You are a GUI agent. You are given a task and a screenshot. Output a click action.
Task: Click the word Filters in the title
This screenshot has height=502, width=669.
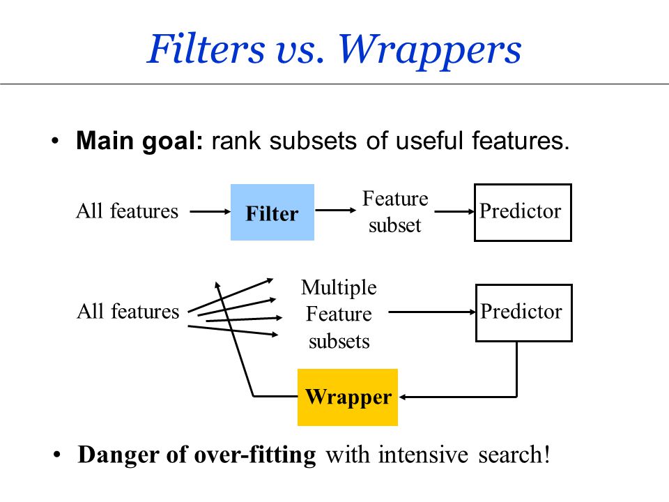click(206, 49)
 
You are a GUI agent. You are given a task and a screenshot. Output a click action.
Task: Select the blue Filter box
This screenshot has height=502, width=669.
click(272, 212)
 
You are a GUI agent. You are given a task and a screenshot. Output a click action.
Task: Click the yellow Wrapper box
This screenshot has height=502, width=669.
click(348, 397)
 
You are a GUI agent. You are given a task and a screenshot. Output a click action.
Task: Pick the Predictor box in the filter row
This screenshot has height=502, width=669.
click(523, 212)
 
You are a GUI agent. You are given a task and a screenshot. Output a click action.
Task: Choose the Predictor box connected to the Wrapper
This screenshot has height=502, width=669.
click(523, 312)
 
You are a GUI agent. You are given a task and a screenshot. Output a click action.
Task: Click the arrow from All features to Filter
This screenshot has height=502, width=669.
click(210, 211)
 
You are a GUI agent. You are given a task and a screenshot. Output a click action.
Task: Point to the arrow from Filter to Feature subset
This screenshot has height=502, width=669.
click(335, 210)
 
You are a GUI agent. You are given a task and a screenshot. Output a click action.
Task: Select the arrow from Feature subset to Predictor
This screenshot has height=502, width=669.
click(454, 211)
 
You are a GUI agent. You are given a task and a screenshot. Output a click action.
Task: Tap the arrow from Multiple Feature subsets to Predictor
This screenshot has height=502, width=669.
click(432, 312)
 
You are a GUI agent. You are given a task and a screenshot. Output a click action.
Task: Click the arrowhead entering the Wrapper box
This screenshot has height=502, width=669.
click(402, 397)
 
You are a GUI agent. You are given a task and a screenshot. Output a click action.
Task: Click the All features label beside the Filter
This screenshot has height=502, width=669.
click(127, 211)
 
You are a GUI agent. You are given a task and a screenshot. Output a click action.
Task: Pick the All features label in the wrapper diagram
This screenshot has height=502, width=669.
click(128, 311)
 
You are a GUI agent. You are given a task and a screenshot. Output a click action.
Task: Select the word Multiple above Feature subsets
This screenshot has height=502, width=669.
click(339, 288)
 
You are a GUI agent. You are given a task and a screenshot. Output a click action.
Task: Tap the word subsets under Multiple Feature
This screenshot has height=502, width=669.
click(339, 342)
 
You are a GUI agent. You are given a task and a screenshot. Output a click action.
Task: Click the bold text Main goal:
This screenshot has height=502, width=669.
click(139, 142)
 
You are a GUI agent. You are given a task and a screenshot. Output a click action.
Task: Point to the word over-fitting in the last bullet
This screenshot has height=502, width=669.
click(255, 454)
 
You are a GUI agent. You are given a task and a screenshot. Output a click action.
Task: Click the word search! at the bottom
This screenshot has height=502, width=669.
click(514, 454)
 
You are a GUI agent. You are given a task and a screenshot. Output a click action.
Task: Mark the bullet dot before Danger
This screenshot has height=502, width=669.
click(56, 455)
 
